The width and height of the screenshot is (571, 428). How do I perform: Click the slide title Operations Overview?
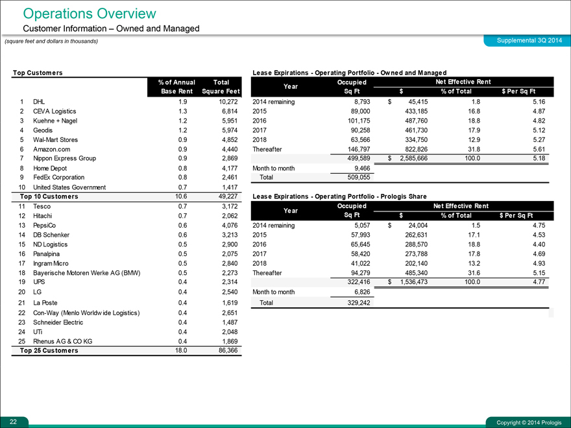click(90, 13)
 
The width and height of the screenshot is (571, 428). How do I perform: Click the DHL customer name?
click(39, 102)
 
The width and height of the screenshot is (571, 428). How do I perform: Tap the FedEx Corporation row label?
click(58, 177)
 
